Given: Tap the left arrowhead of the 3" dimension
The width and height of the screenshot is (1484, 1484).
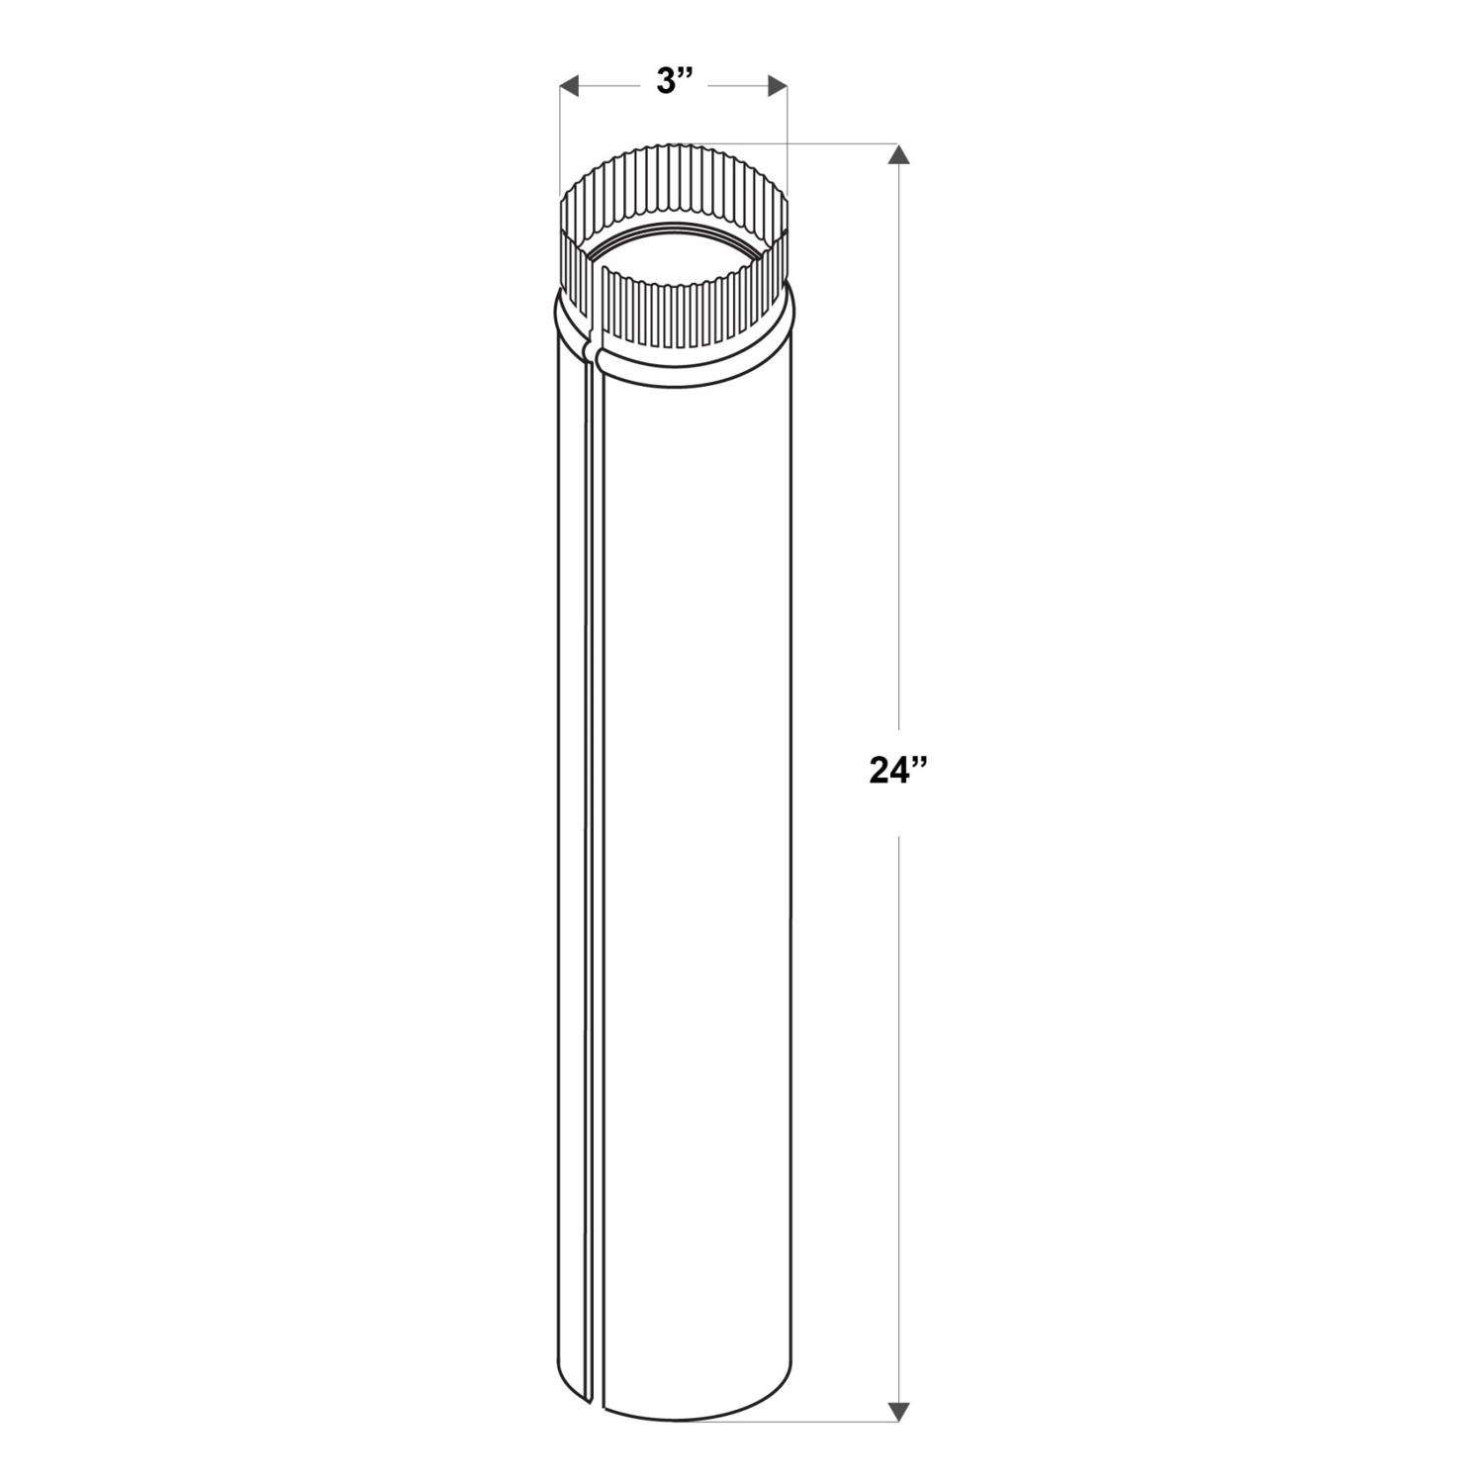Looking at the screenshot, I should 569,86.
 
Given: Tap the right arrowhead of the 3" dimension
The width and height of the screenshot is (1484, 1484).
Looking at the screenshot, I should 777,86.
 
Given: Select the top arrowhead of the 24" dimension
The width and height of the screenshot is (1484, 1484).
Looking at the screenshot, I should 898,155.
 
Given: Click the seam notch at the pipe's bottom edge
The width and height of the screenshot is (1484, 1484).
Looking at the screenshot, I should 593,1398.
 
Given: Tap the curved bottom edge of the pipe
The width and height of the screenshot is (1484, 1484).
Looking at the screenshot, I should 693,1417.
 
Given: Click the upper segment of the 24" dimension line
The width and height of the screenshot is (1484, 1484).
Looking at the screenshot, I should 898,445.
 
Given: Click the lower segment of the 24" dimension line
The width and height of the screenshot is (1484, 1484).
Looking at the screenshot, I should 898,1088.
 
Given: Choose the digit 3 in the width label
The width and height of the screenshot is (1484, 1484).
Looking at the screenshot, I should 665,83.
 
